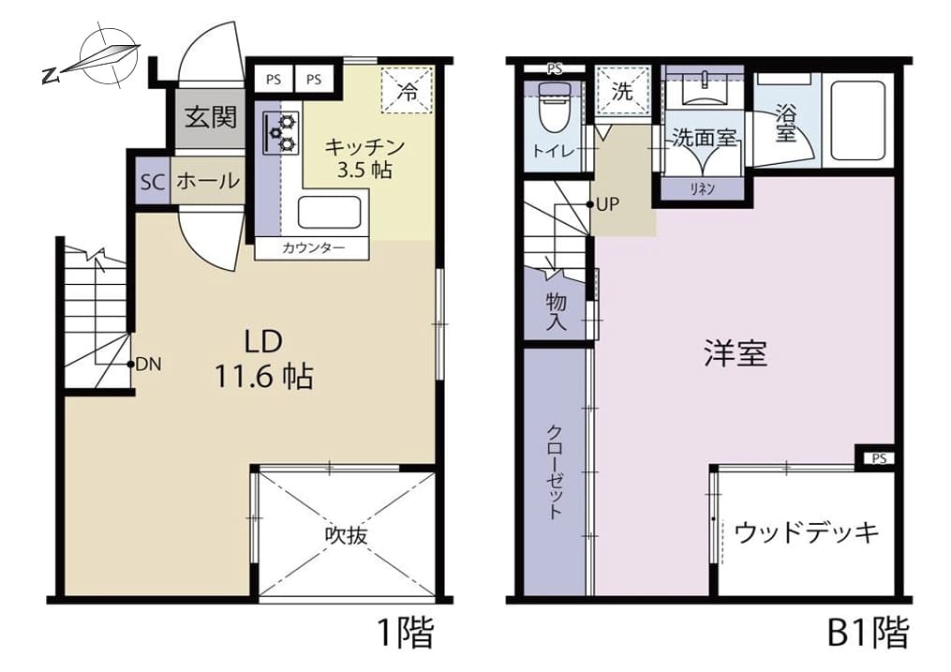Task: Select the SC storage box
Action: pyautogui.click(x=153, y=181)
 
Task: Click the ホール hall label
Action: pyautogui.click(x=207, y=181)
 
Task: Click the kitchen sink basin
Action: pyautogui.click(x=330, y=213)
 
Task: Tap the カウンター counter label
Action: pyautogui.click(x=313, y=248)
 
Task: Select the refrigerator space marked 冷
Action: pyautogui.click(x=408, y=90)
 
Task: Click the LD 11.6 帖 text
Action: pyautogui.click(x=264, y=360)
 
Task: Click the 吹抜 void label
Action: pyautogui.click(x=347, y=535)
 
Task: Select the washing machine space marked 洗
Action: pyautogui.click(x=623, y=90)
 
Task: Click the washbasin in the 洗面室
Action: pyautogui.click(x=705, y=89)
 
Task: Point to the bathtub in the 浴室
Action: pyautogui.click(x=858, y=121)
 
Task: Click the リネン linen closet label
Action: pyautogui.click(x=703, y=188)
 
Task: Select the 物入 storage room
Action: pyautogui.click(x=555, y=305)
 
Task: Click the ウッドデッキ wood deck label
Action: pyautogui.click(x=807, y=533)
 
